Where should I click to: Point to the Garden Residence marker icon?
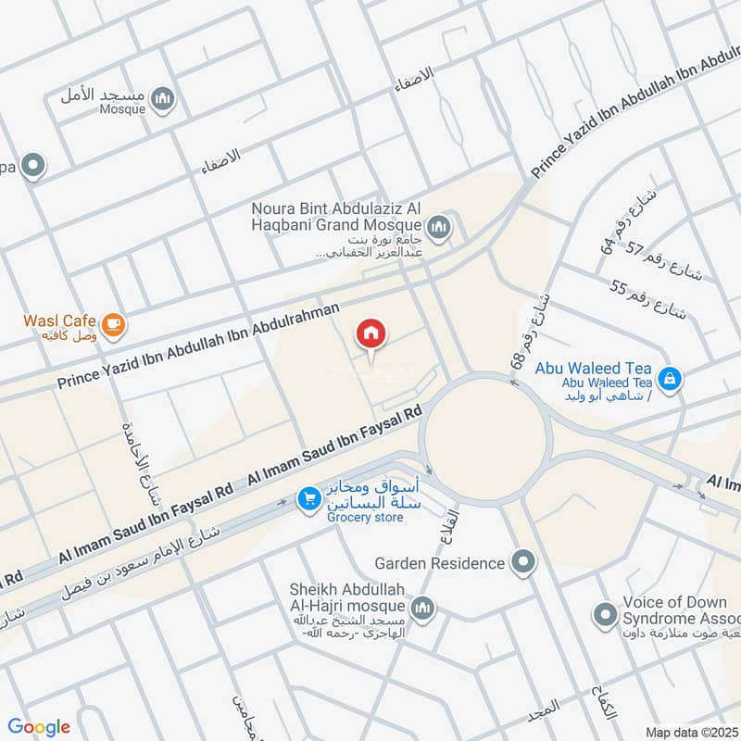pyautogui.click(x=523, y=562)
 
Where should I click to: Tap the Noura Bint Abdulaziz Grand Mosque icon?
pyautogui.click(x=438, y=226)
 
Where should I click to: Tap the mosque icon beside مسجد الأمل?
pyautogui.click(x=163, y=99)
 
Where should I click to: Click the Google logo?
pyautogui.click(x=39, y=727)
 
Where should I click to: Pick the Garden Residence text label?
pyautogui.click(x=440, y=562)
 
